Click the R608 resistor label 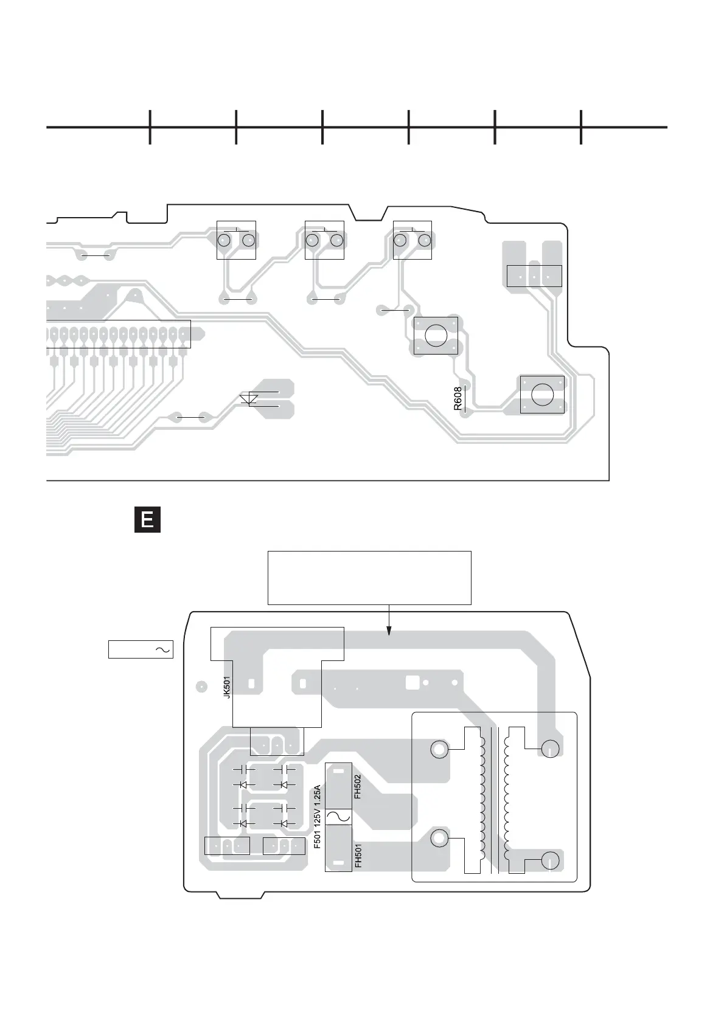(458, 399)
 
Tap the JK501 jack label (227, 687)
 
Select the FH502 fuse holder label (358, 786)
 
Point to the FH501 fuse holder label (358, 855)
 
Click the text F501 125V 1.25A (317, 817)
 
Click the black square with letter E (147, 520)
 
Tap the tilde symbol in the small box (163, 649)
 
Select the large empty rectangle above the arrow (369, 578)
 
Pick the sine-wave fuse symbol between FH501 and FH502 (338, 816)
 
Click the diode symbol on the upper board (249, 400)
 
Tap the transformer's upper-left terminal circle (439, 749)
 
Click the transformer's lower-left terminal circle (439, 839)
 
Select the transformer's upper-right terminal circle (550, 749)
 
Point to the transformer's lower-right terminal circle (550, 861)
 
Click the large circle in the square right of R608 (542, 394)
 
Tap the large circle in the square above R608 (436, 335)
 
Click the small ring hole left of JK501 (201, 687)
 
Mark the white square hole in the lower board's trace (412, 682)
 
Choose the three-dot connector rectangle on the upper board (534, 276)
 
